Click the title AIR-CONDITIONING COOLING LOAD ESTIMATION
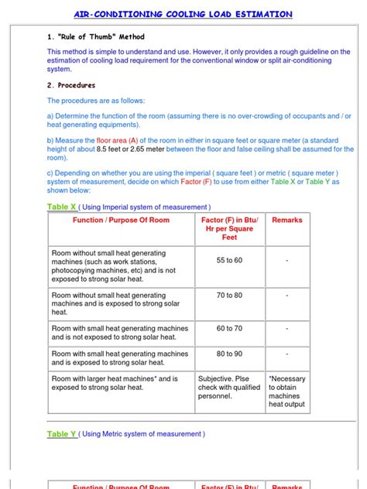[183, 14]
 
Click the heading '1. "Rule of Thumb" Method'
[95, 36]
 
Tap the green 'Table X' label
[62, 207]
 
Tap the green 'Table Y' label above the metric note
[62, 434]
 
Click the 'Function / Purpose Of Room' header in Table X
[121, 221]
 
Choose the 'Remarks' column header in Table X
[287, 221]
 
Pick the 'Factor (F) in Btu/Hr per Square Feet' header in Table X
[228, 229]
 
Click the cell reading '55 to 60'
[228, 261]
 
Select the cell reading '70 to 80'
[228, 296]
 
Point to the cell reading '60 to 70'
[228, 329]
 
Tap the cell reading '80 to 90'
[228, 354]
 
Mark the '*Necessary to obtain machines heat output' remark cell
[287, 392]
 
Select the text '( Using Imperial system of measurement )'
[145, 207]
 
